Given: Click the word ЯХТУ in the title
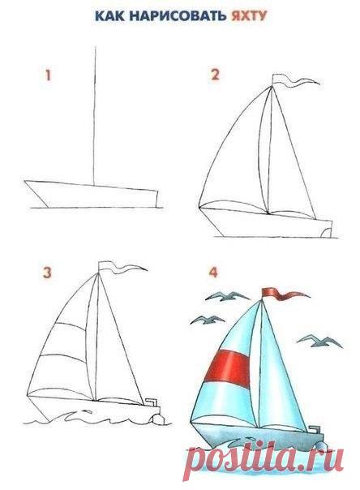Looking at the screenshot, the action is coord(249,16).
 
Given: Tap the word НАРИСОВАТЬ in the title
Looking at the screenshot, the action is coord(178,16).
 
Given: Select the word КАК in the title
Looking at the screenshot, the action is coord(109,16).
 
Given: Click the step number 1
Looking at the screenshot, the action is coord(48,75).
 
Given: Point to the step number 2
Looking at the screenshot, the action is coord(216,75).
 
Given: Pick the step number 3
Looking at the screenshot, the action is coord(47,273).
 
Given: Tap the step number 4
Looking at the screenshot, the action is coord(213,273).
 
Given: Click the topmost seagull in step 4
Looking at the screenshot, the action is coord(227,296).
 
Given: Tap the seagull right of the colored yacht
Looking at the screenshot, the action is coord(319,341).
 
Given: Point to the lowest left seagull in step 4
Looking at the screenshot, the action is coord(207,320).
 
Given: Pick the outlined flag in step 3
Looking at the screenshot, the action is coord(122,267).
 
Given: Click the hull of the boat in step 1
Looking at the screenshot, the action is coord(92,195).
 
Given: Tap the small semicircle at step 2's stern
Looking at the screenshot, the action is coord(325,232).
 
